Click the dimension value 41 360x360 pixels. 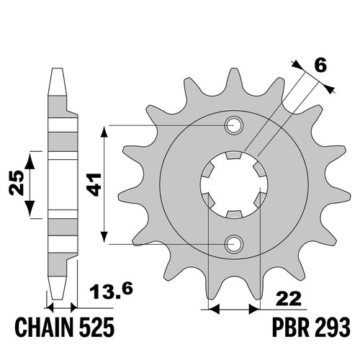tap(94, 184)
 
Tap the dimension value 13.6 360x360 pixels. tap(111, 291)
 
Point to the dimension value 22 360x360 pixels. tap(288, 299)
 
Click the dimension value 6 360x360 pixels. tap(320, 66)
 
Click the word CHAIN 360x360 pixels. tap(45, 328)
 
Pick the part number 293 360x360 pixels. tap(332, 328)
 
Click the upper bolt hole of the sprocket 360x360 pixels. tap(234, 125)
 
